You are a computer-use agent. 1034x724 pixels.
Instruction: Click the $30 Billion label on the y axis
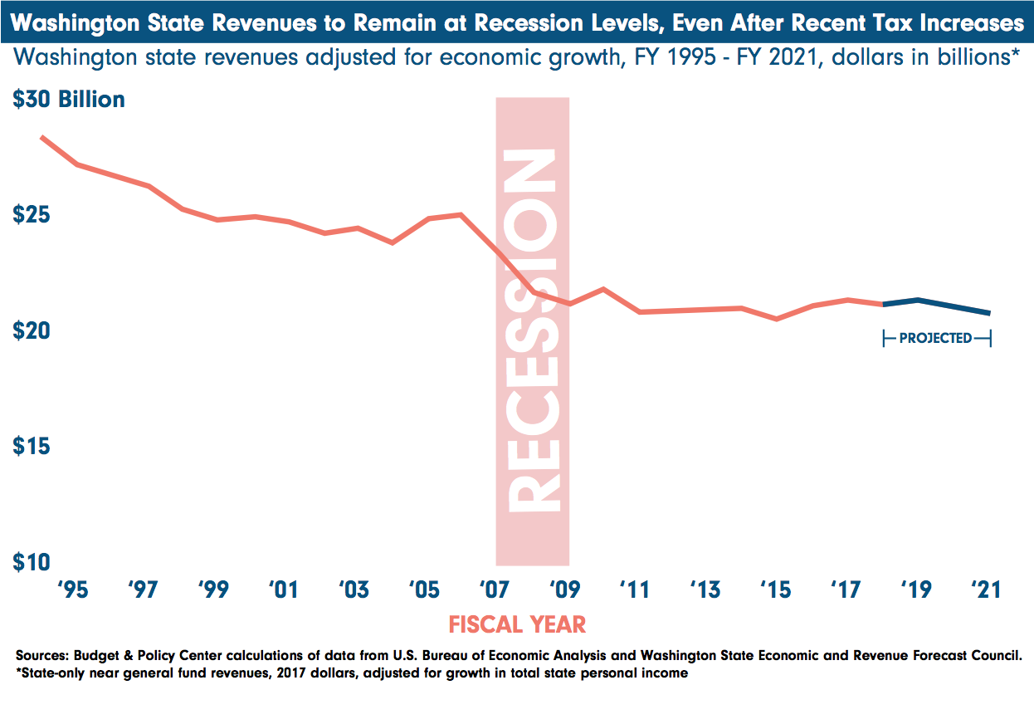69,100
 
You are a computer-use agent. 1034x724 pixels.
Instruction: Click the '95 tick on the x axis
73,590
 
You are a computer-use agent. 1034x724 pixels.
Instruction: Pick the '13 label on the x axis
705,590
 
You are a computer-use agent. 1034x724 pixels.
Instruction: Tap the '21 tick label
986,590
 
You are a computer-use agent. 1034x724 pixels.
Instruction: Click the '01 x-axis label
283,590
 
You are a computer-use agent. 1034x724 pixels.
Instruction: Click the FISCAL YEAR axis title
517,624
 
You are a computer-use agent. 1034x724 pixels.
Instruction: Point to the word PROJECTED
935,338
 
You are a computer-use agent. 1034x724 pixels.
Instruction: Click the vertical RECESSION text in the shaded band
532,332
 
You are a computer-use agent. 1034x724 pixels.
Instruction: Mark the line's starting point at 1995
42,137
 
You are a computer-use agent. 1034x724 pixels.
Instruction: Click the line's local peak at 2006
461,214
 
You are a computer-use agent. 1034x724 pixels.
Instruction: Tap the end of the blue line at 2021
989,313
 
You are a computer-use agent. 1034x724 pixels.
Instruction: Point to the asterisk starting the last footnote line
18,672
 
